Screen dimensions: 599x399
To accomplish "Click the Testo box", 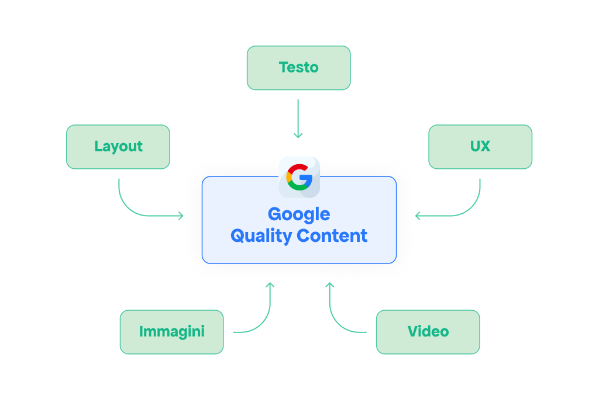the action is [299, 68].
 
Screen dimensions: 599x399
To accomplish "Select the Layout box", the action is [118, 147].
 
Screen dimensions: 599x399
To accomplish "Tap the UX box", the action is [480, 147].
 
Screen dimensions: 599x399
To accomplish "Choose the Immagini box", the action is [171, 332].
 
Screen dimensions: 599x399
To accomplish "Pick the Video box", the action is [428, 332].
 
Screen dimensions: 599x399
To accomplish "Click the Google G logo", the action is [299, 177].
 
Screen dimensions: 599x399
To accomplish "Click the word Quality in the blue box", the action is [261, 236].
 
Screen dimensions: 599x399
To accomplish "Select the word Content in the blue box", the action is [332, 236].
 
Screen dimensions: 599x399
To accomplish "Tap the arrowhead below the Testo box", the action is [298, 136].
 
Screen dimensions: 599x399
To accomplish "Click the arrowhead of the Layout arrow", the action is [181, 216].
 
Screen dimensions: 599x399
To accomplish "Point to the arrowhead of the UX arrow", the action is [417, 216].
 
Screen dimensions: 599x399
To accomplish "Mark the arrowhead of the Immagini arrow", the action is [270, 284].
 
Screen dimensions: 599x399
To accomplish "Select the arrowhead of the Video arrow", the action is [330, 284].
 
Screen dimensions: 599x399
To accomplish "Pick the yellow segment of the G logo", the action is [288, 177].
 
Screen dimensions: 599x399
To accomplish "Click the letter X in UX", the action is [486, 147].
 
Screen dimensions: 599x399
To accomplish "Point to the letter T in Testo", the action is [284, 68].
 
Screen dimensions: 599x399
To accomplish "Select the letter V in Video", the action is [414, 331].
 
